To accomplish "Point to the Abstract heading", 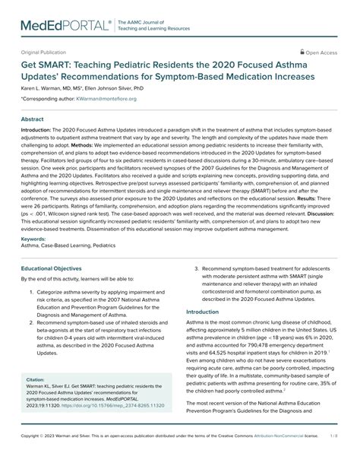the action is click(32, 120).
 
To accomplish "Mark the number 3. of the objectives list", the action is click(197, 268).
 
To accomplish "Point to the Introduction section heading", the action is click(208, 312).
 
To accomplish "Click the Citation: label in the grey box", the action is click(36, 357).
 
